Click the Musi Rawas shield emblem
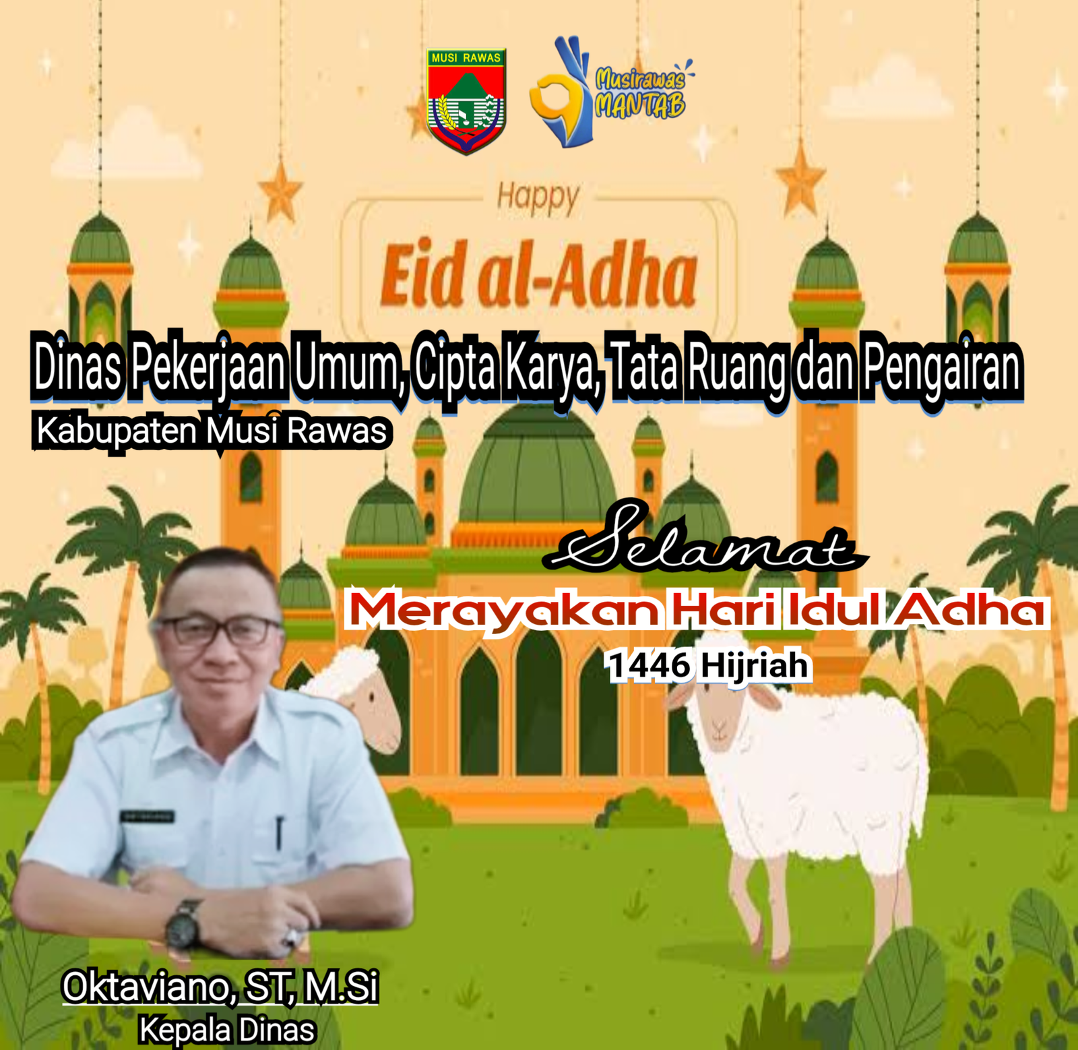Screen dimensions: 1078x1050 pos(466,101)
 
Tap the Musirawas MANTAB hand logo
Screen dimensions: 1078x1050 pos(610,92)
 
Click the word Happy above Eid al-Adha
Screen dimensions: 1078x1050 pos(538,198)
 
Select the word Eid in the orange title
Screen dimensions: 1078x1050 pos(423,274)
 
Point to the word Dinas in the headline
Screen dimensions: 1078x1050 pos(77,367)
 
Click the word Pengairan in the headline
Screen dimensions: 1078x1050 pos(943,367)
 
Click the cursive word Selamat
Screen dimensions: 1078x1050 pos(704,539)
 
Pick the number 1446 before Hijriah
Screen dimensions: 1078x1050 pos(649,666)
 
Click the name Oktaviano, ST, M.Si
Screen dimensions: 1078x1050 pos(220,987)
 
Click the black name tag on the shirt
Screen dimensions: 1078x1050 pos(148,816)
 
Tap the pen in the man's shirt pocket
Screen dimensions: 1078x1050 pos(278,832)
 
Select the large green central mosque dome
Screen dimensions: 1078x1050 pos(538,465)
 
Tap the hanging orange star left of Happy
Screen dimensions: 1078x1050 pos(280,190)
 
